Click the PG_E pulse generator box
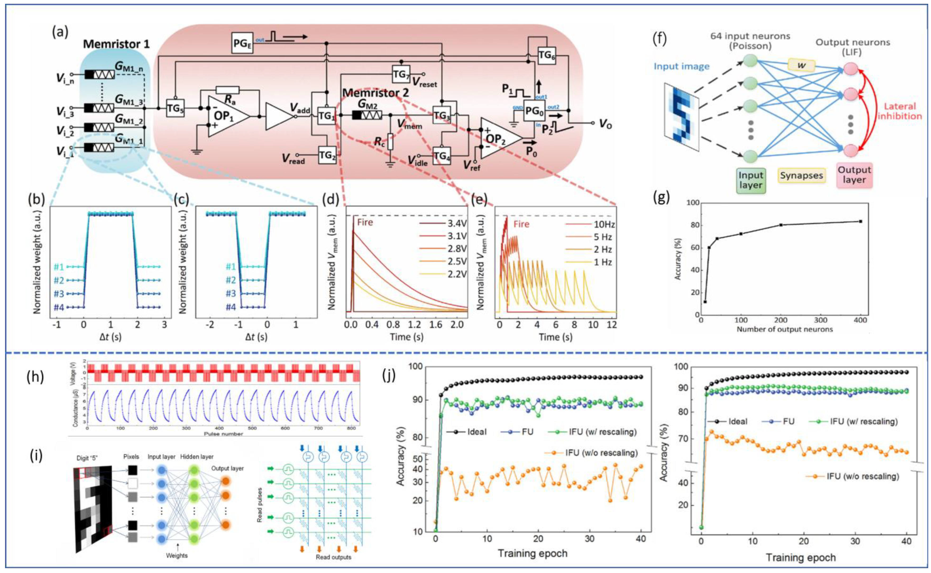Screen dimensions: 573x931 [x=242, y=43]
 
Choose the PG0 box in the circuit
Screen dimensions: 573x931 [x=534, y=111]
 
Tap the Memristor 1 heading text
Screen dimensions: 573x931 [x=116, y=44]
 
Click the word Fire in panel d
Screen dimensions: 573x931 [x=365, y=222]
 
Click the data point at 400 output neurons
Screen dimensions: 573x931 [x=860, y=221]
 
